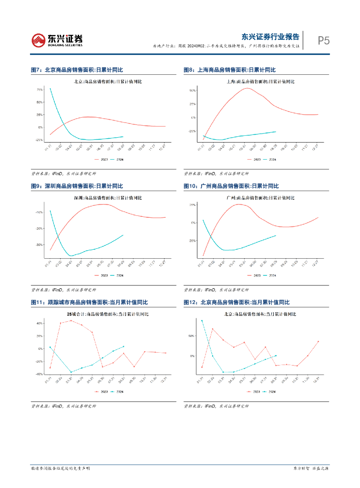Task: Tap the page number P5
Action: pos(324,41)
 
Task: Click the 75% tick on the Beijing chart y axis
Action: pos(40,90)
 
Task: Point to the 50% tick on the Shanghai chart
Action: pos(193,90)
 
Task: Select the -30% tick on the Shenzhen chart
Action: pos(40,245)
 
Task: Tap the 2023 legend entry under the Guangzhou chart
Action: pos(255,275)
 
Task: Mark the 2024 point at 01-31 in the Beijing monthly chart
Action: pos(202,321)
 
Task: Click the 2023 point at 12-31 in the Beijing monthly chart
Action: pos(318,341)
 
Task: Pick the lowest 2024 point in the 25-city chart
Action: pos(71,372)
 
